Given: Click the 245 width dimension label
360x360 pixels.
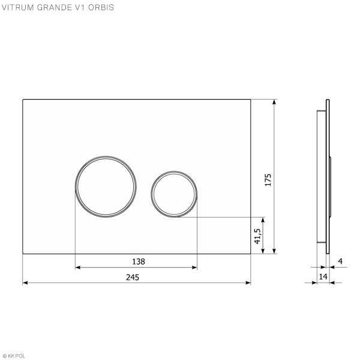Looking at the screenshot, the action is pyautogui.click(x=133, y=277).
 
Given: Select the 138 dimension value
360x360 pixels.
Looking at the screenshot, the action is pyautogui.click(x=139, y=262).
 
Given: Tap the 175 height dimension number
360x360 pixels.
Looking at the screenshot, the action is pyautogui.click(x=268, y=180).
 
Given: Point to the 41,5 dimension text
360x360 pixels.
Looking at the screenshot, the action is pyautogui.click(x=257, y=236).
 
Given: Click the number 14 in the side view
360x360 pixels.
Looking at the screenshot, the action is pyautogui.click(x=323, y=277).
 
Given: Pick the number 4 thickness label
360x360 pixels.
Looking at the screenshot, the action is pyautogui.click(x=340, y=261).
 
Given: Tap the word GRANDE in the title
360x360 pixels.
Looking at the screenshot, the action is pyautogui.click(x=54, y=7).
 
